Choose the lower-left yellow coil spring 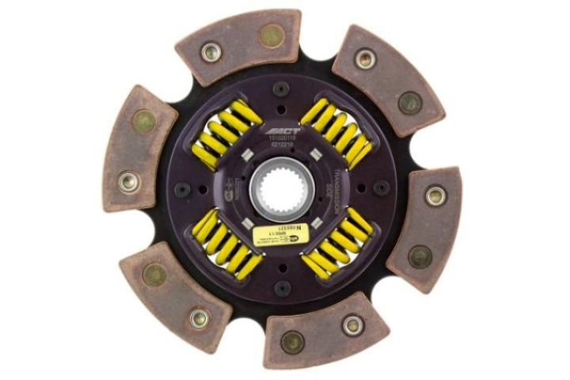click(x=226, y=244)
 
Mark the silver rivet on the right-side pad click(x=435, y=196)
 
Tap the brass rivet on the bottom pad click(x=291, y=342)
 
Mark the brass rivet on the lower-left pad click(x=154, y=275)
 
